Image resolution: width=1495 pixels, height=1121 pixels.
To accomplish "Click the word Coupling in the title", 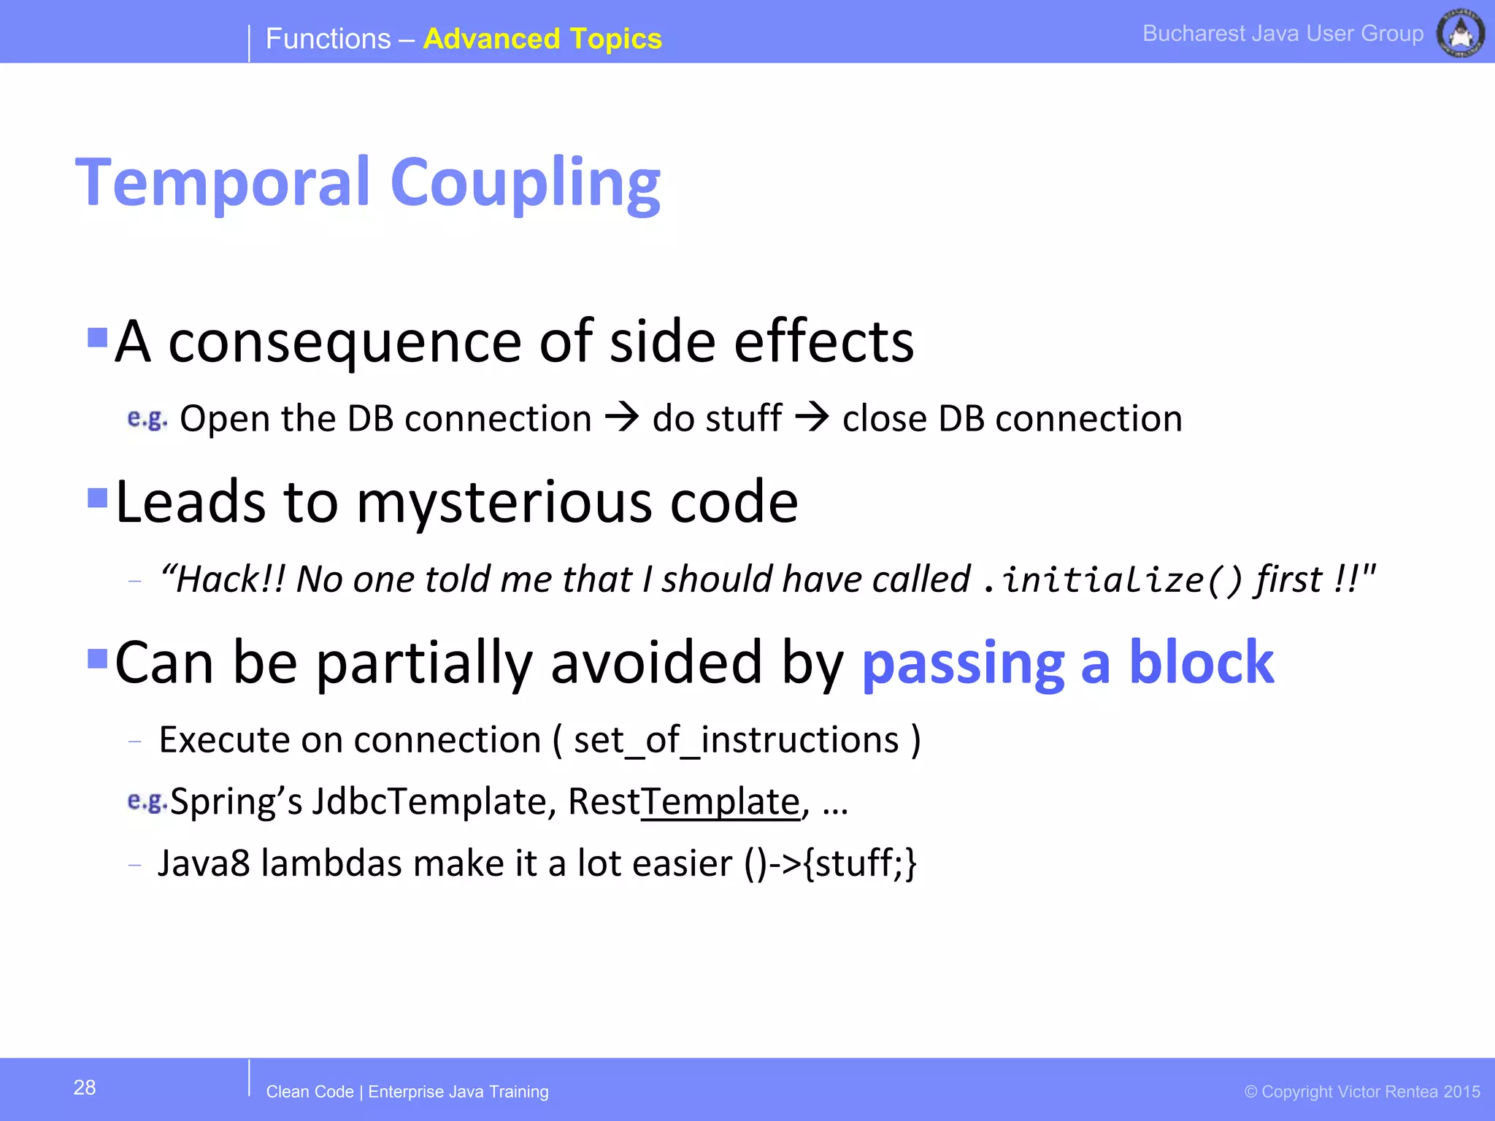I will (x=525, y=184).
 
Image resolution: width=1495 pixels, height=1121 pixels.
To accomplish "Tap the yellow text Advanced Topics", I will (x=542, y=39).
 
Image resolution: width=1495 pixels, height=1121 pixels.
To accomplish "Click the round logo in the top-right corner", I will (x=1460, y=33).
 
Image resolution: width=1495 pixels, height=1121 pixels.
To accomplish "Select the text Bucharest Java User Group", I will (x=1283, y=34).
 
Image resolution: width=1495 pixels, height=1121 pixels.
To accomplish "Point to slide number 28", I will (x=85, y=1087).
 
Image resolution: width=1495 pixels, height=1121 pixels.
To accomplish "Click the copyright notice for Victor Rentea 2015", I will (x=1362, y=1092).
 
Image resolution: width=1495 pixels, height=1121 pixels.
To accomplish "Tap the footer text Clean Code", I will (x=310, y=1092).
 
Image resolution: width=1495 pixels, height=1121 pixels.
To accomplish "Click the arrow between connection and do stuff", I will (x=623, y=417).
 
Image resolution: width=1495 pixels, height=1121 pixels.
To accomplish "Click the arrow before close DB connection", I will (x=812, y=417).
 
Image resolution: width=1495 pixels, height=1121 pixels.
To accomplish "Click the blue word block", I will (x=1202, y=662).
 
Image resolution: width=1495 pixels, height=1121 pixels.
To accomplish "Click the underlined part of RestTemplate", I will (x=720, y=802).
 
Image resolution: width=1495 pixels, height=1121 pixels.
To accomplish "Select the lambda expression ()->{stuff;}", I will (x=830, y=863).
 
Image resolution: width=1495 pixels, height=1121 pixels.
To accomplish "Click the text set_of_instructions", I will (x=736, y=740).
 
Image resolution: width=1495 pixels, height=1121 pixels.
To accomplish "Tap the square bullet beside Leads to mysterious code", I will (x=97, y=498).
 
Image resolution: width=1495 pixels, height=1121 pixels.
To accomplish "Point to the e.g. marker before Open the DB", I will (x=147, y=418).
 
